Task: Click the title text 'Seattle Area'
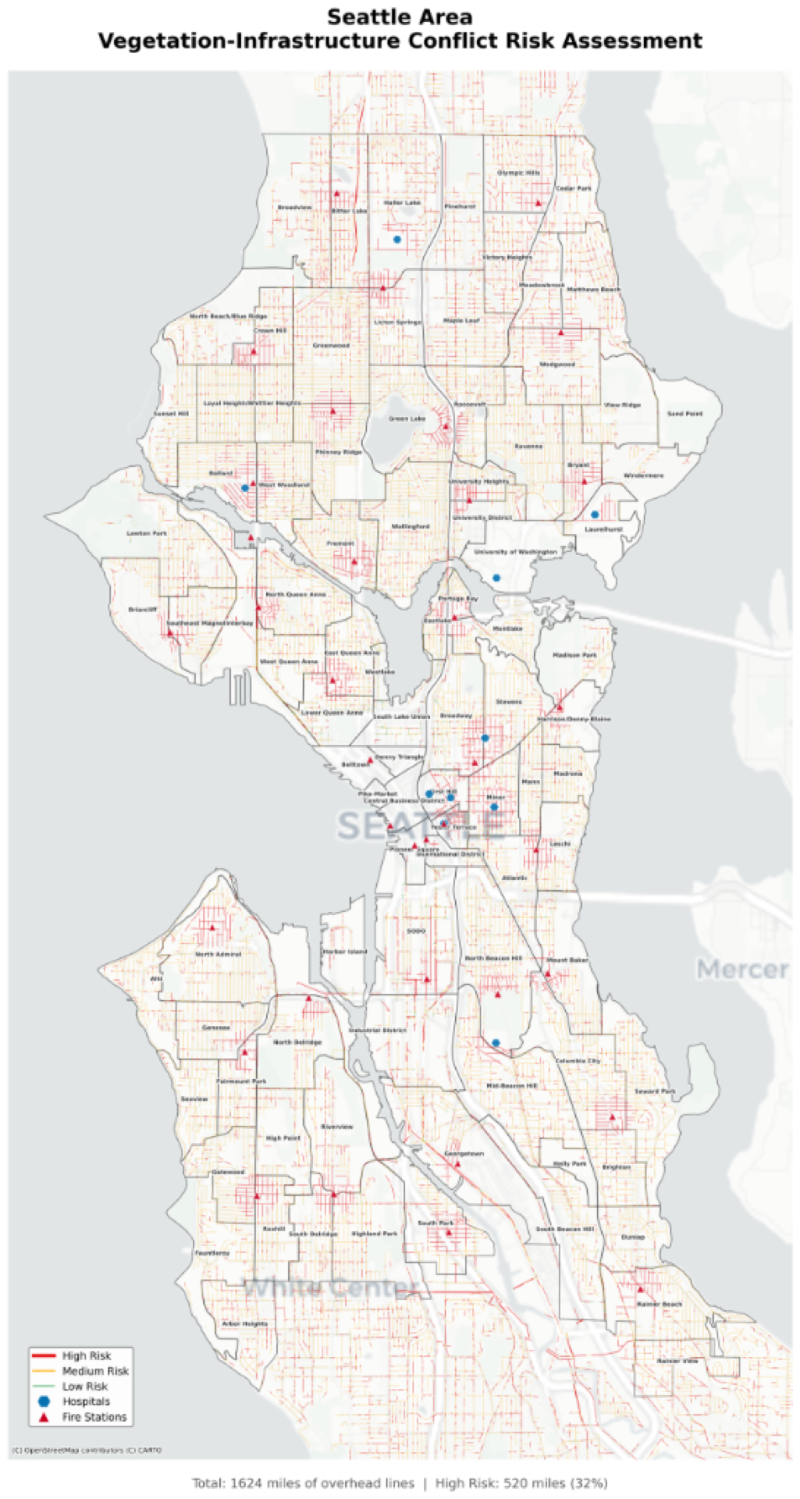pyautogui.click(x=400, y=16)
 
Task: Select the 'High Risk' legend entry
pyautogui.click(x=86, y=1356)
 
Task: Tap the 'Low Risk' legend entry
pyautogui.click(x=84, y=1387)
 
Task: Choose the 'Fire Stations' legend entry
pyautogui.click(x=94, y=1417)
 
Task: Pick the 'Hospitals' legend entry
pyautogui.click(x=86, y=1401)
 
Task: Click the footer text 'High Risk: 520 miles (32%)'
pyautogui.click(x=521, y=1483)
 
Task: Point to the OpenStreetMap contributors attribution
pyautogui.click(x=86, y=1451)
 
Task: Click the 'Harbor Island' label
pyautogui.click(x=344, y=952)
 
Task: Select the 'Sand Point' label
pyautogui.click(x=684, y=414)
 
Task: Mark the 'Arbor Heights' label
pyautogui.click(x=244, y=1324)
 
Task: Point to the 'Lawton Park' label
pyautogui.click(x=147, y=533)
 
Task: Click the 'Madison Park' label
pyautogui.click(x=574, y=655)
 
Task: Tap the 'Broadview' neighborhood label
pyautogui.click(x=294, y=208)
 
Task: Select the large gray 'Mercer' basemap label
pyautogui.click(x=742, y=970)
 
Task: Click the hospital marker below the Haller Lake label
pyautogui.click(x=397, y=240)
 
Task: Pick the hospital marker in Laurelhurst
pyautogui.click(x=595, y=515)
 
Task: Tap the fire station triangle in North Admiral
pyautogui.click(x=212, y=928)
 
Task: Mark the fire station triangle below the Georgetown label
pyautogui.click(x=458, y=1164)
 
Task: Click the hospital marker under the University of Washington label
pyautogui.click(x=496, y=578)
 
